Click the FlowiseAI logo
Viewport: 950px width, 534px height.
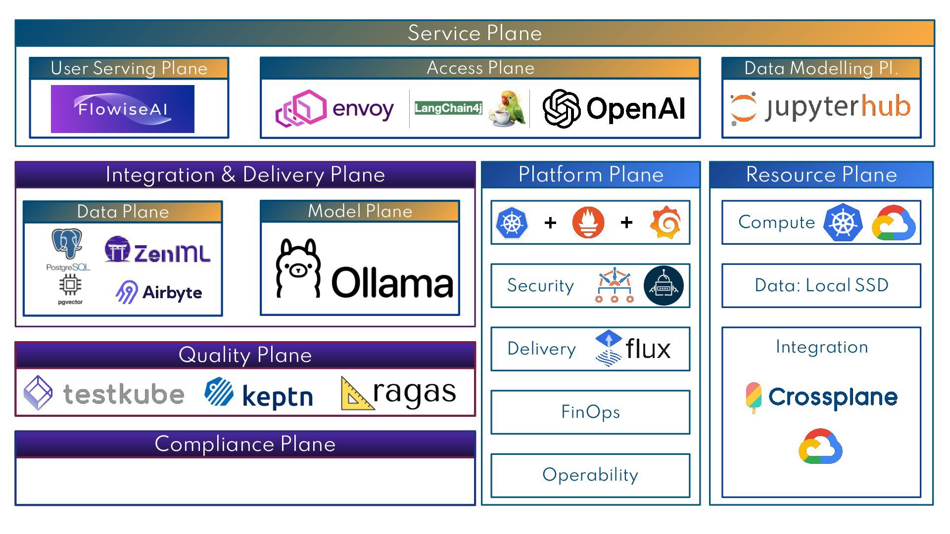(122, 109)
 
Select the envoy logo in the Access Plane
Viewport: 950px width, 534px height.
(334, 108)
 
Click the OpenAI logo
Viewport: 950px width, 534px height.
(614, 108)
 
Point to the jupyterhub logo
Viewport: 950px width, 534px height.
(820, 107)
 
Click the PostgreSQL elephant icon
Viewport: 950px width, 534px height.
(67, 244)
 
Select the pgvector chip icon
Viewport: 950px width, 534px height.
(70, 285)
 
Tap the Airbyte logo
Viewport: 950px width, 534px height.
(159, 292)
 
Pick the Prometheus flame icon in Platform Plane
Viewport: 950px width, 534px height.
(588, 222)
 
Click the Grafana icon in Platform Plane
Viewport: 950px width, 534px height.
(665, 222)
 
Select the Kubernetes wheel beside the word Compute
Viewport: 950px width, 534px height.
(843, 222)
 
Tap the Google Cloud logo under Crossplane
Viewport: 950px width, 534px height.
(820, 446)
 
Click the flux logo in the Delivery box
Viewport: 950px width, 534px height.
(633, 349)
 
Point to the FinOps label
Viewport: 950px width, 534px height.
(590, 412)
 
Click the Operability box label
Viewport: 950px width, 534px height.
(590, 475)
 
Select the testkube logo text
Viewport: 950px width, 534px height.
(124, 394)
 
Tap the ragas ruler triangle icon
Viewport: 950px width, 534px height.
(356, 395)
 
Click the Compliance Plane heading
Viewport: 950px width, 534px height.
(245, 444)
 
